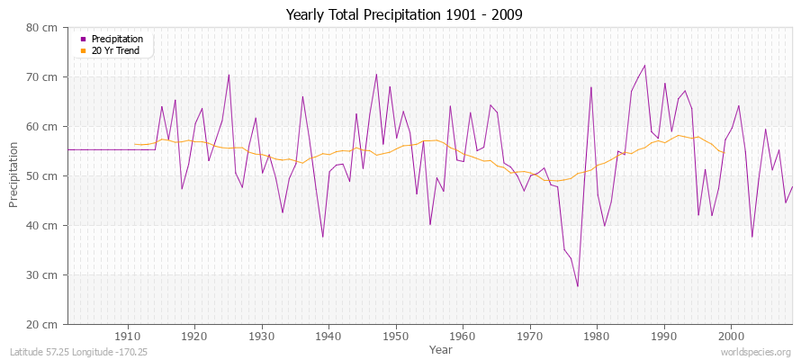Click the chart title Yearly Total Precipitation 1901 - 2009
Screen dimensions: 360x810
pyautogui.click(x=404, y=15)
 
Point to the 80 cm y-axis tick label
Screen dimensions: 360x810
pyautogui.click(x=44, y=28)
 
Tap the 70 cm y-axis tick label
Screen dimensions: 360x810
pyautogui.click(x=44, y=77)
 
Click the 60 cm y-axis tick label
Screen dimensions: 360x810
pyautogui.click(x=44, y=127)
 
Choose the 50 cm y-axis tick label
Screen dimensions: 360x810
pyautogui.click(x=44, y=176)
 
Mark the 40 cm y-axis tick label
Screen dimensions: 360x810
pyautogui.click(x=44, y=226)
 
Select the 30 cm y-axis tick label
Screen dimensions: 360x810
pyautogui.click(x=44, y=275)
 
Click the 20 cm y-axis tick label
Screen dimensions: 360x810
pyautogui.click(x=44, y=325)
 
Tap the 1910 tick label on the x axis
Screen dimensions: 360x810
pyautogui.click(x=127, y=336)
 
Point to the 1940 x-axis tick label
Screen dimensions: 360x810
pyautogui.click(x=328, y=336)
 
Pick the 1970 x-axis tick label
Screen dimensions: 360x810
pyautogui.click(x=530, y=336)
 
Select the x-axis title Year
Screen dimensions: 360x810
pyautogui.click(x=441, y=348)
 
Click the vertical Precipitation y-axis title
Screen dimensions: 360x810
pyautogui.click(x=13, y=176)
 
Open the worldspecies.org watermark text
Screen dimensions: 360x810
pyautogui.click(x=756, y=352)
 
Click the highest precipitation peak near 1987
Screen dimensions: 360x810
pyautogui.click(x=644, y=65)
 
